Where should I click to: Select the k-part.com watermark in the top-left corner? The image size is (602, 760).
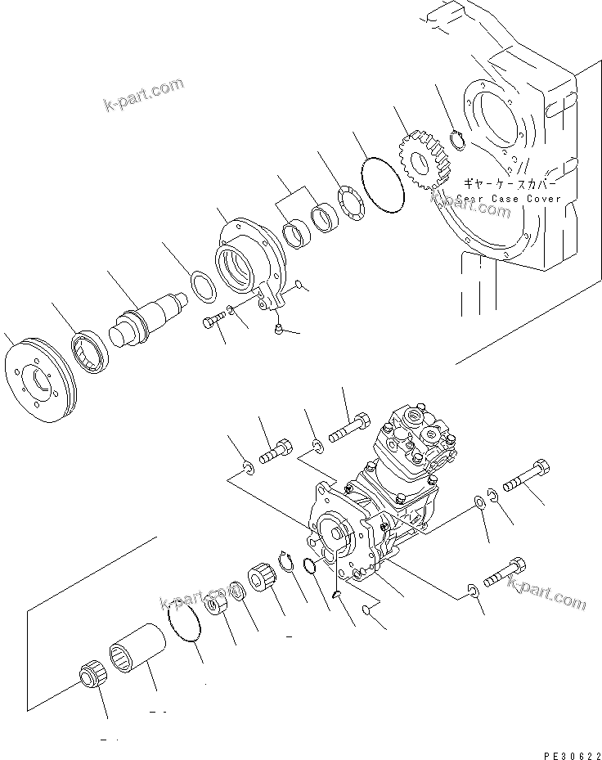[143, 95]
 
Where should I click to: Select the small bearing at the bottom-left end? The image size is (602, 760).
[89, 679]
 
